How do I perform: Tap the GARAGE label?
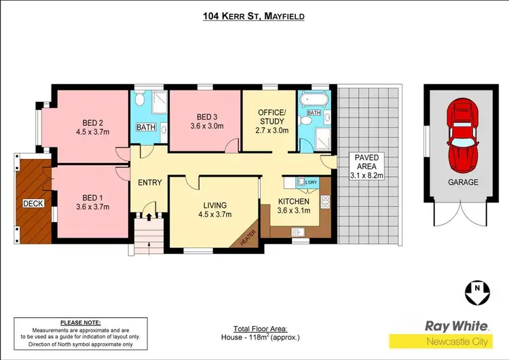tap(463, 182)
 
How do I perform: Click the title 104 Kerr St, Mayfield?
tap(254, 14)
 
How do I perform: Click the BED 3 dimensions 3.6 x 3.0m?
tap(205, 126)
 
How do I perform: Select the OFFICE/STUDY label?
tap(269, 117)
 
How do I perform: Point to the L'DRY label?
tap(312, 183)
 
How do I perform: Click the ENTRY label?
tap(149, 182)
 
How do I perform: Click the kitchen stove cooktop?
tap(324, 202)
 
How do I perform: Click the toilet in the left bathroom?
tap(139, 100)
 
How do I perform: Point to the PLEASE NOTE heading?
tap(80, 323)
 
